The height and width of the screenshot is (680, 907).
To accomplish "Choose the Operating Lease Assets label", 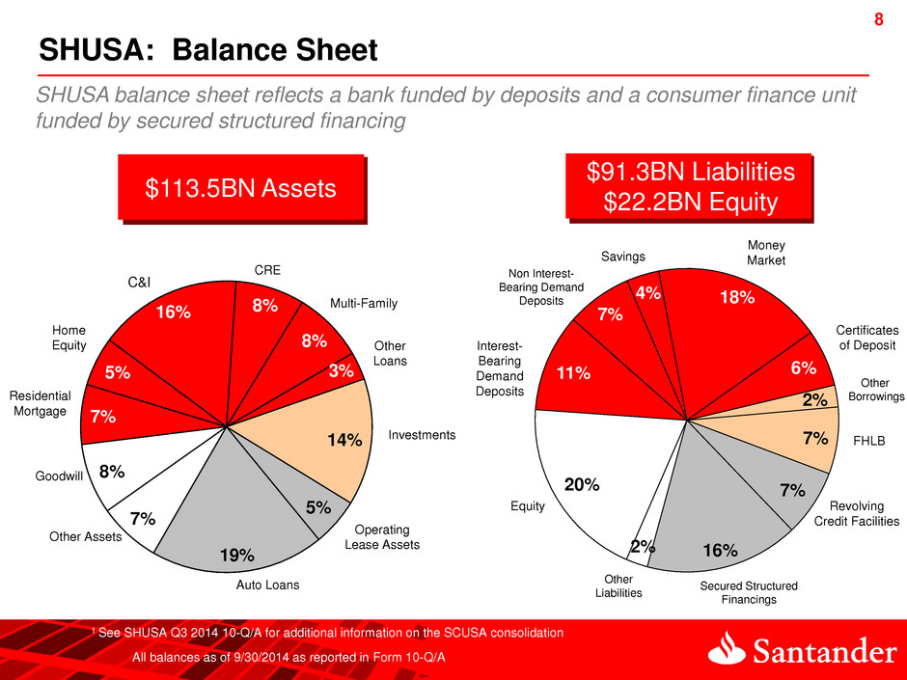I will pyautogui.click(x=382, y=537).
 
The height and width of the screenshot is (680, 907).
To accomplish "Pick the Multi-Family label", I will pyautogui.click(x=364, y=305).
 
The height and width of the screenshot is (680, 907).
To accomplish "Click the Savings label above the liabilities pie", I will pyautogui.click(x=623, y=256).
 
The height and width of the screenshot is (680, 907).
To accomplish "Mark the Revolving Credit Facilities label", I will pyautogui.click(x=857, y=513).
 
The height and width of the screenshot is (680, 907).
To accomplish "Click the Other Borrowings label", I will pyautogui.click(x=876, y=389).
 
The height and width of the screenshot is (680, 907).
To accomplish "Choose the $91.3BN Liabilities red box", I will pyautogui.click(x=690, y=187).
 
